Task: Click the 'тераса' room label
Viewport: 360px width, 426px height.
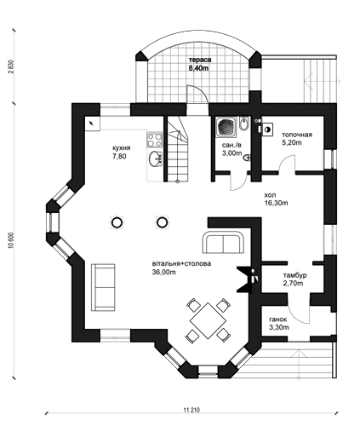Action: pos(200,60)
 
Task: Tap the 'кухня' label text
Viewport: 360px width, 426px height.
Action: pos(122,148)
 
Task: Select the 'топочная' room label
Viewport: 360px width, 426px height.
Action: pos(297,135)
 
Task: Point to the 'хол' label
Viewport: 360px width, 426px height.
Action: pos(270,195)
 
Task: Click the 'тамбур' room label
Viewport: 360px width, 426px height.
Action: pos(294,275)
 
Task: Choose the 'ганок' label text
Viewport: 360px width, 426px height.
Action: pos(278,319)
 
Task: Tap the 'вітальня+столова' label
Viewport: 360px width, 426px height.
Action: pos(181,263)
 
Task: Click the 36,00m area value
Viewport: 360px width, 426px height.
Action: pos(164,272)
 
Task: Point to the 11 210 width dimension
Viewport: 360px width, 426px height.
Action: pos(191,410)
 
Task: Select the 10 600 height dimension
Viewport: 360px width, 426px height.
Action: pos(11,241)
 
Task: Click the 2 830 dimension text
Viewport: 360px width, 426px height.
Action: pos(11,66)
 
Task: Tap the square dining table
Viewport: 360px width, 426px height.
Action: pos(208,320)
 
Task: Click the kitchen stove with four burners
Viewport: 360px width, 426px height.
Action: pos(154,140)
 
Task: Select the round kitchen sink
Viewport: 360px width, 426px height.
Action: pos(155,158)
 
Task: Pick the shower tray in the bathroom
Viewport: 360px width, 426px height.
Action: pos(226,127)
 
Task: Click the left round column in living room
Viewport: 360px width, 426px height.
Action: pos(117,222)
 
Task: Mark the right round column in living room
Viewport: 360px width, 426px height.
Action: pos(162,222)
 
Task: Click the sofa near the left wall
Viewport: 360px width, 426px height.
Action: pos(103,287)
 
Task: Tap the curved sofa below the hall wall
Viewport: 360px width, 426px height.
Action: pos(224,242)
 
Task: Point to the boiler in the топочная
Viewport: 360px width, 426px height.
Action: pos(267,130)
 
